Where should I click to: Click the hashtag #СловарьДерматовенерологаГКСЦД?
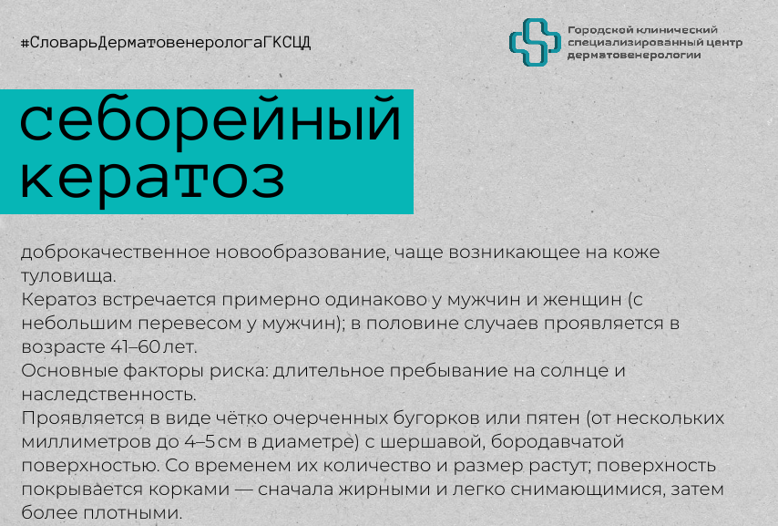point(166,43)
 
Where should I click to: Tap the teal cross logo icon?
point(535,42)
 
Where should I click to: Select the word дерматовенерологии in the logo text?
point(634,55)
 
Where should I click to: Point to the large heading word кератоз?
point(152,179)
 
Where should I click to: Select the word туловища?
point(68,276)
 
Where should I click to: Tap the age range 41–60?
point(135,346)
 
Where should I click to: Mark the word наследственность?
point(108,395)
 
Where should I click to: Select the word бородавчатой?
point(558,442)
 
